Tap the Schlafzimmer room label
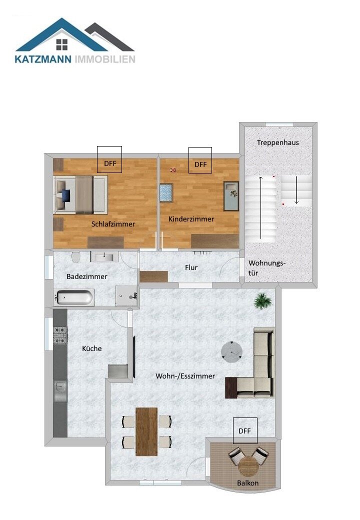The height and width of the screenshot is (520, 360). point(113,224)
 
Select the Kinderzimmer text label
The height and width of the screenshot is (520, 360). point(191,219)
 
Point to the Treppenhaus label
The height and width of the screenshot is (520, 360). point(278,142)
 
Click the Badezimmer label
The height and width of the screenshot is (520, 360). point(87,276)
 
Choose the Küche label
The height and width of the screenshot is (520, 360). point(91,348)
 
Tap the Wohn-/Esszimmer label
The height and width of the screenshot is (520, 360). point(185,376)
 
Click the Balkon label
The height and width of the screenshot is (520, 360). point(248,483)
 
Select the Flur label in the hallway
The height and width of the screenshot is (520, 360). point(191,267)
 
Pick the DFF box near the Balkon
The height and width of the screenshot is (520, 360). point(244,430)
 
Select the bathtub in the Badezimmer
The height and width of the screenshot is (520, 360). point(74,298)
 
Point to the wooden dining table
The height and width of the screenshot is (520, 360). point(146,431)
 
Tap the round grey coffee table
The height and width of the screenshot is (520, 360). point(232,351)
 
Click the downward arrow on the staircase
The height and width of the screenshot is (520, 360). point(296,190)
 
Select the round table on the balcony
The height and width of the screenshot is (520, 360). point(248,466)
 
